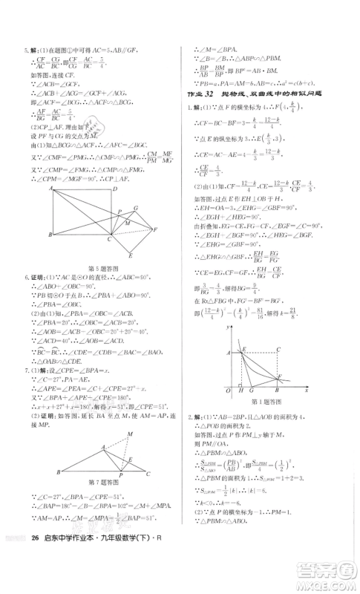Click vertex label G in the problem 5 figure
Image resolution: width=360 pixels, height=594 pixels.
pyautogui.click(x=135, y=209)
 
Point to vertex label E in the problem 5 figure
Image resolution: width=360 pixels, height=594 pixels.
pyautogui.click(x=130, y=255)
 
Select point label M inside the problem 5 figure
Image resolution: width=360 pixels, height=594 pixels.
pyautogui.click(x=127, y=224)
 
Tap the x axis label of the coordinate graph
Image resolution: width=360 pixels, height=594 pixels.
pyautogui.click(x=306, y=389)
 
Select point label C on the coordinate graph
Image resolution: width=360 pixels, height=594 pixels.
pyautogui.click(x=277, y=349)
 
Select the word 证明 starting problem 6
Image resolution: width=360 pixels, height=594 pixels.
pyautogui.click(x=39, y=275)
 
